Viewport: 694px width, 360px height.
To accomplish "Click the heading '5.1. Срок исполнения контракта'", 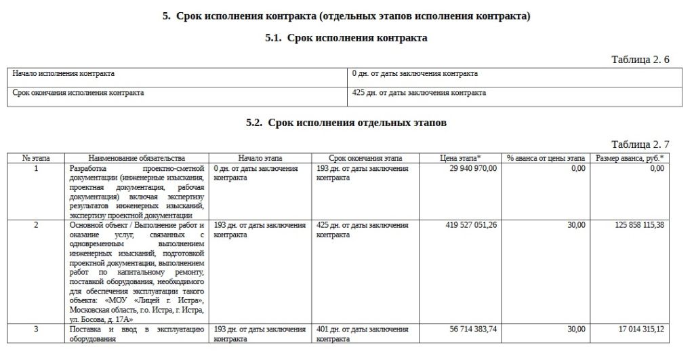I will pos(346,39).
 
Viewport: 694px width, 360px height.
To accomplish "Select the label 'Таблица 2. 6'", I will pos(640,60).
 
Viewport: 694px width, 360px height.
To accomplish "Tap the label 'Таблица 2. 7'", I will pos(640,144).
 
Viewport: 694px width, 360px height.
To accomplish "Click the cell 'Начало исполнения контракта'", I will pos(64,73).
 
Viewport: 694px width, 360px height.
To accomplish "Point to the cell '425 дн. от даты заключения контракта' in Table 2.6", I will pos(420,93).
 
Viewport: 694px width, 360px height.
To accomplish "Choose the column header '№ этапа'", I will pos(36,158).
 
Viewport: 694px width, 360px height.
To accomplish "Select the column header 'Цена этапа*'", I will pos(460,158).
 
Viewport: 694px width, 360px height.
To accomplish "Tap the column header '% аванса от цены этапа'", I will pos(546,158).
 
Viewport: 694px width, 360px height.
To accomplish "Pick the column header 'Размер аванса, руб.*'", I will pos(630,158).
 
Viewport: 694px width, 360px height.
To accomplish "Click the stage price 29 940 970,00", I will pos(473,168).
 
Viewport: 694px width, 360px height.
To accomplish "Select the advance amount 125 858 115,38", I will pos(630,225).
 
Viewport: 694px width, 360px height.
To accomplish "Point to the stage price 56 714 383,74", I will pos(473,329).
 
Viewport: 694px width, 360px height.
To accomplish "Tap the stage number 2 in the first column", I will pos(36,225).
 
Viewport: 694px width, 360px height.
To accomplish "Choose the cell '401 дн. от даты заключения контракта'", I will pos(363,334).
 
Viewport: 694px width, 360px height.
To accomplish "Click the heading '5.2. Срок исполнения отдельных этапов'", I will pos(346,123).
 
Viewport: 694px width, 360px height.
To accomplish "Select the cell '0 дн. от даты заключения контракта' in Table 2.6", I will pos(415,73).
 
